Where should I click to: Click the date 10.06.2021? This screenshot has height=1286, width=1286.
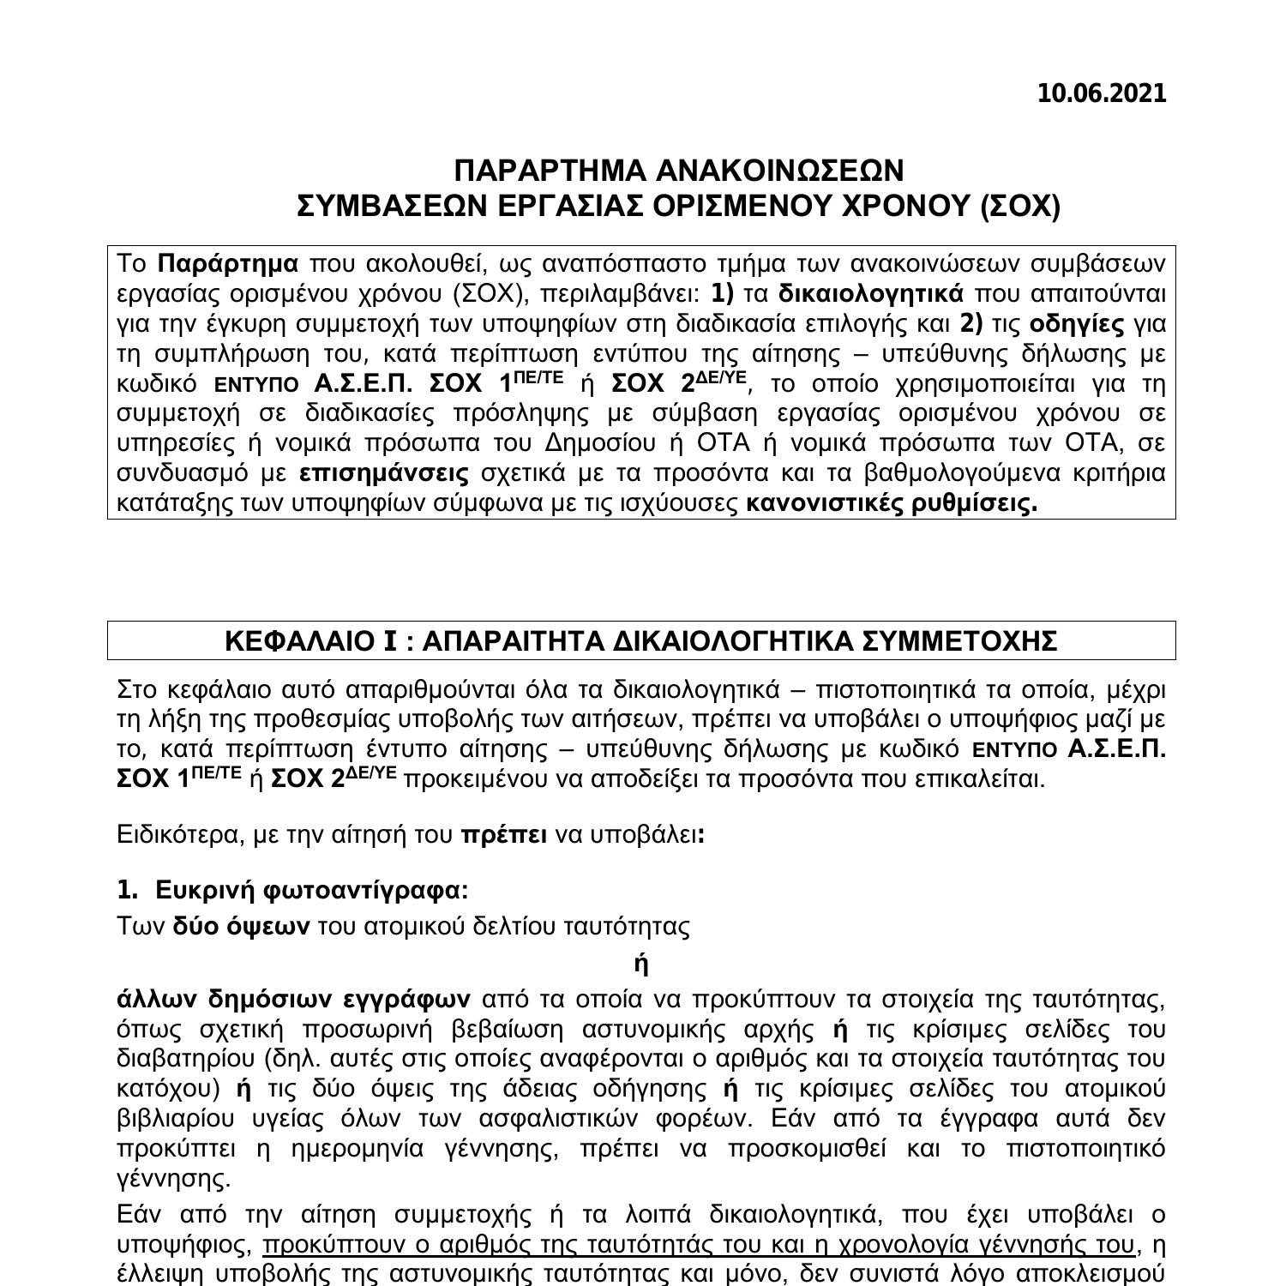(x=1102, y=93)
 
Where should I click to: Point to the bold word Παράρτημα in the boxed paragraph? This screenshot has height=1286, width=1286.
(x=229, y=263)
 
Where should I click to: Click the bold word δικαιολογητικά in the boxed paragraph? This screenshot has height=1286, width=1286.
(x=871, y=293)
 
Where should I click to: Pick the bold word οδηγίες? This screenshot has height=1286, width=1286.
(x=1076, y=323)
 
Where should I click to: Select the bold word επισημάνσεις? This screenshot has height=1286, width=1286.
(x=385, y=473)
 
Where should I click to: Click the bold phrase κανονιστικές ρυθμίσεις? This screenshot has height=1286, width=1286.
(x=892, y=503)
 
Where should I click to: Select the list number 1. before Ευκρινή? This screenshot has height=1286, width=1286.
(x=127, y=890)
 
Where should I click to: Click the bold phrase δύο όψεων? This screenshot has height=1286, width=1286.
(x=241, y=926)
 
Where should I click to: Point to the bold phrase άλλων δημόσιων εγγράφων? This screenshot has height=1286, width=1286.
(x=293, y=999)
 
